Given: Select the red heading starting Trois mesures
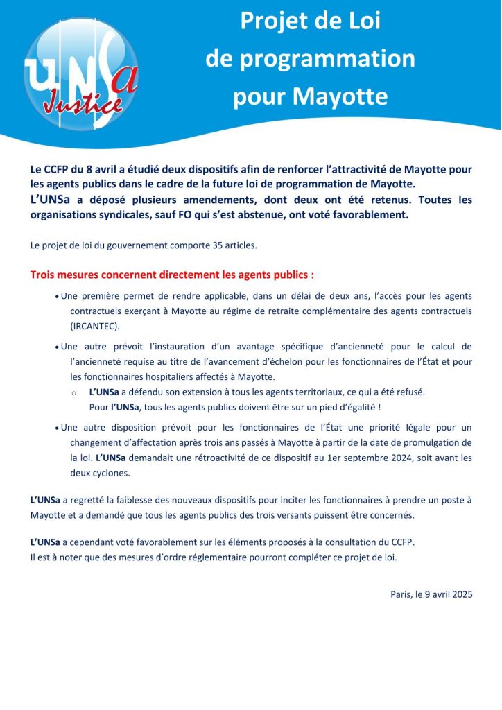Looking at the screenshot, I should [172, 275].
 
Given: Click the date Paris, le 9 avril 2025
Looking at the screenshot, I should [431, 594].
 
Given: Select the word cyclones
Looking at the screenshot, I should [107, 474].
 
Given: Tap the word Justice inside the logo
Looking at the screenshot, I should [83, 103].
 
